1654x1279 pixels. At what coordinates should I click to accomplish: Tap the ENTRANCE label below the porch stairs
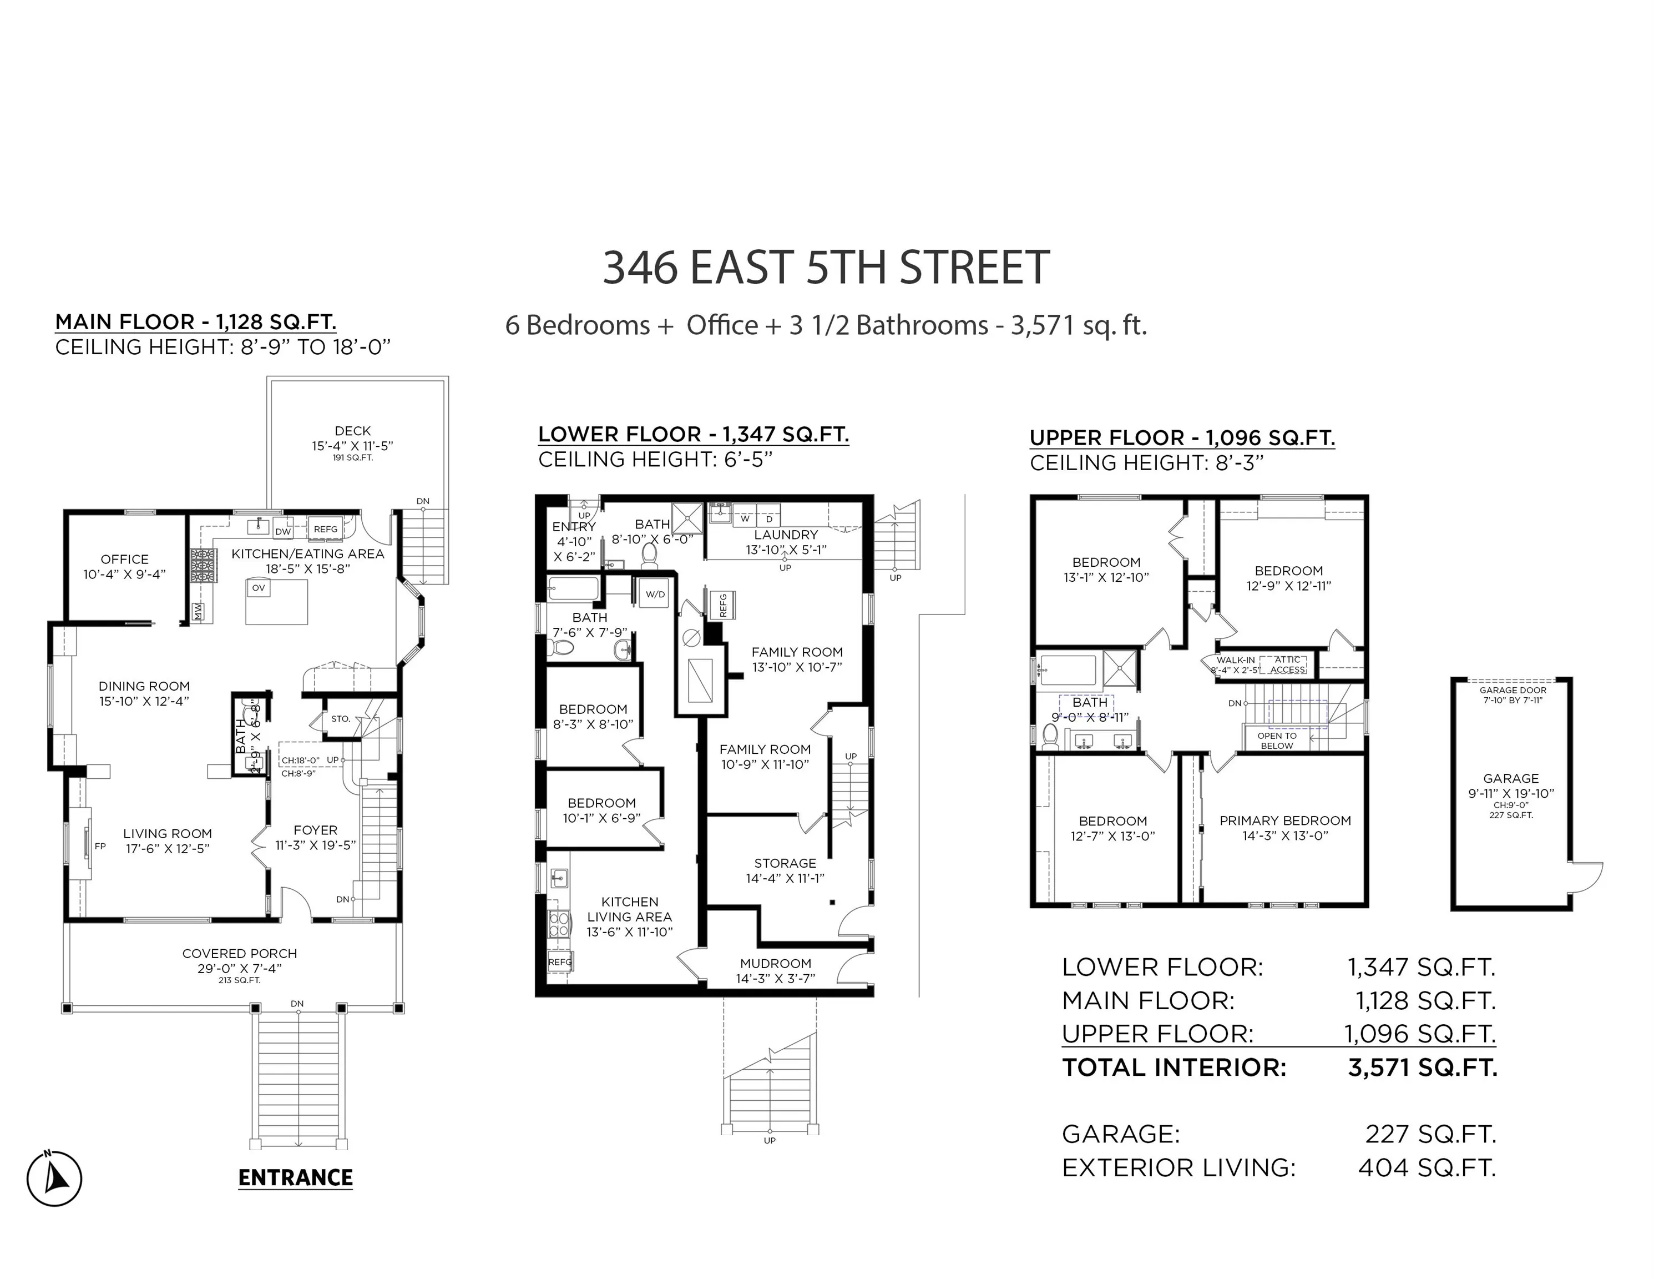pos(295,1177)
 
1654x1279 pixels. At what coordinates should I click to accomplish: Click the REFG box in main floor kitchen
pos(326,530)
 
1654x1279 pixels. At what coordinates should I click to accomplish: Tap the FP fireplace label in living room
pos(100,847)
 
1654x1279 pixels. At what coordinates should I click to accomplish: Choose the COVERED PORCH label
pos(239,954)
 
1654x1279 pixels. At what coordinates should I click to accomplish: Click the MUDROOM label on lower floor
pos(776,964)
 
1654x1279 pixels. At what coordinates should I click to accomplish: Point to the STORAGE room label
pos(785,863)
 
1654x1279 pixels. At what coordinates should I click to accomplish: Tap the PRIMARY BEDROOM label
pos(1285,820)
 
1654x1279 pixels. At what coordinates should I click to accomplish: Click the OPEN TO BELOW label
pos(1277,741)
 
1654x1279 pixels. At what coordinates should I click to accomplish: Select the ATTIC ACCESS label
pos(1287,664)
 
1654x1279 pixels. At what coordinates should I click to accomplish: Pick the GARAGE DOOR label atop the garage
pos(1513,690)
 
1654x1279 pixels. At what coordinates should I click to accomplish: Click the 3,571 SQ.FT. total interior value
pos(1422,1067)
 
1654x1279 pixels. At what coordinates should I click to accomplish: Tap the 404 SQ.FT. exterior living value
pos(1427,1167)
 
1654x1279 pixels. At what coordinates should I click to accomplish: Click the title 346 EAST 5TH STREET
pos(826,268)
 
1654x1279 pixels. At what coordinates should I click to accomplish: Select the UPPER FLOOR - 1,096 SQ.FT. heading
pos(1181,438)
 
